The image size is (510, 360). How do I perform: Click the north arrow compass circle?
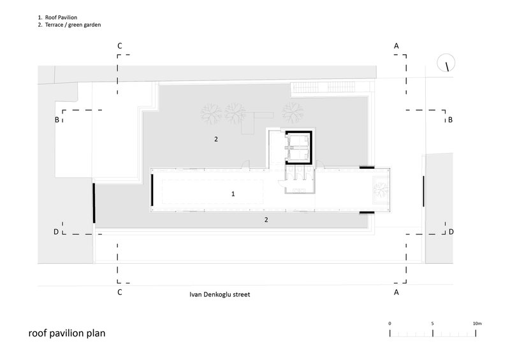click(x=446, y=63)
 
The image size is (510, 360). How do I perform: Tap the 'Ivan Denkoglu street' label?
click(x=219, y=294)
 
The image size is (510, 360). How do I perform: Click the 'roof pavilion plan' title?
click(x=67, y=333)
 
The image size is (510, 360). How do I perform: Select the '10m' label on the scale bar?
click(x=477, y=324)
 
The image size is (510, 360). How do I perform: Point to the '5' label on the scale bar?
click(x=433, y=324)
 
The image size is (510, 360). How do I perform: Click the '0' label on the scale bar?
click(x=390, y=324)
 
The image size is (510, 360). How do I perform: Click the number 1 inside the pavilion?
click(x=233, y=194)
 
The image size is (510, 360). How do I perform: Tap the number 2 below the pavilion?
click(x=266, y=220)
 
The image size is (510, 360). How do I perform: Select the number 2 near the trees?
click(x=216, y=139)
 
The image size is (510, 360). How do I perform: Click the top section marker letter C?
click(x=120, y=46)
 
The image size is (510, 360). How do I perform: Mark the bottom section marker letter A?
click(x=396, y=292)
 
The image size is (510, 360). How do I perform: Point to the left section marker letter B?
click(x=57, y=120)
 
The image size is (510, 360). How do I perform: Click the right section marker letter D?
click(x=451, y=232)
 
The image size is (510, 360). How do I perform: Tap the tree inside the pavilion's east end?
click(x=381, y=190)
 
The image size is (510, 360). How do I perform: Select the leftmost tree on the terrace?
click(x=211, y=114)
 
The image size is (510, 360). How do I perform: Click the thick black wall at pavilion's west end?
click(x=152, y=191)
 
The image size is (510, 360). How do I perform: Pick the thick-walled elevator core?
click(x=298, y=148)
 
